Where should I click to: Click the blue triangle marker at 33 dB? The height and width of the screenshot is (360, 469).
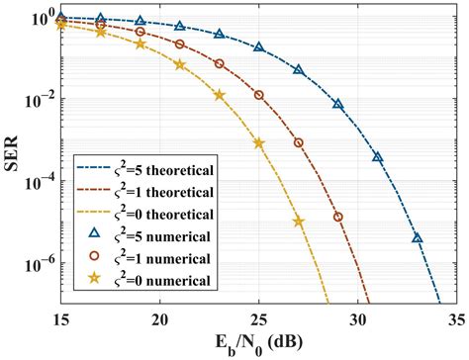(x=417, y=237)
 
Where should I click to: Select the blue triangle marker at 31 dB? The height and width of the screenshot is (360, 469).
(x=377, y=157)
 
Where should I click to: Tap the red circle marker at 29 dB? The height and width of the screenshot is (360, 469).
(x=338, y=217)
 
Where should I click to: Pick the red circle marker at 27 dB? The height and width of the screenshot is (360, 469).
(x=299, y=142)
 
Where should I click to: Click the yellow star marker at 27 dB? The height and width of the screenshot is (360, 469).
(x=299, y=222)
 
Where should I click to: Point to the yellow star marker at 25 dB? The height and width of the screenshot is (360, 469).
(x=259, y=142)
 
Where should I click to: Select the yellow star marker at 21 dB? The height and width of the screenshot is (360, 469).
(x=180, y=64)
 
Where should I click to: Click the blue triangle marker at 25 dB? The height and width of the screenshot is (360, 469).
(x=259, y=47)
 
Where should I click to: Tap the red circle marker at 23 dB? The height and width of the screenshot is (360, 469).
(x=220, y=64)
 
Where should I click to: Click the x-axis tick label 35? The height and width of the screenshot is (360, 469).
(x=455, y=320)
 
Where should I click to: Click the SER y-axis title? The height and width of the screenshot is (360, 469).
(x=13, y=160)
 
